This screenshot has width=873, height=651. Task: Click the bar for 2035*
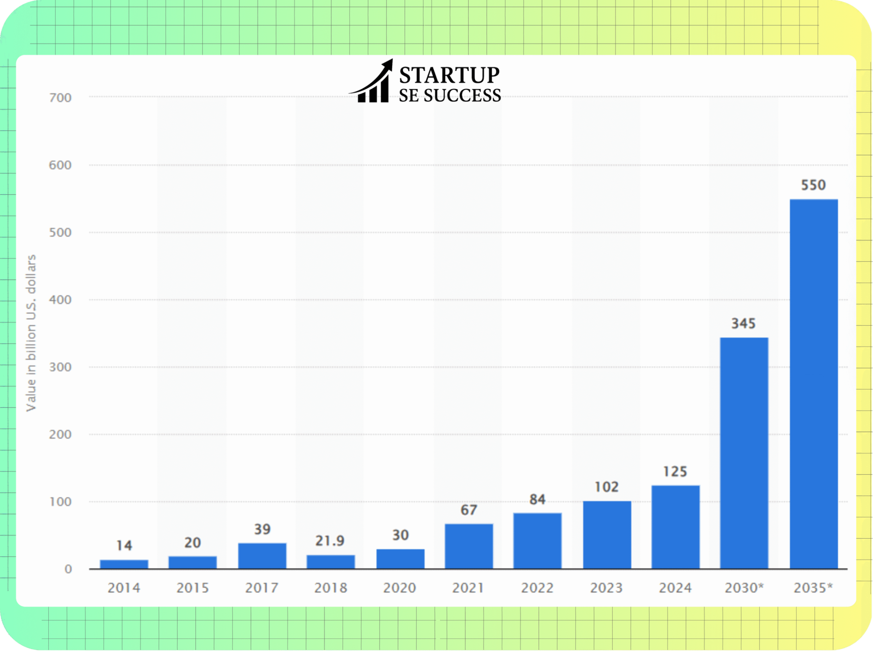(814, 384)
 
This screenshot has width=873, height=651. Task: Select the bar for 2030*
(744, 453)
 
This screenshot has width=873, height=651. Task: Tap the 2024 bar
(675, 527)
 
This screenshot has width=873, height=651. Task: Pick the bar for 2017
(262, 556)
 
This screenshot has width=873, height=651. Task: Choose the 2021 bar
(469, 546)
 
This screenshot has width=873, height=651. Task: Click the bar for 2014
(124, 564)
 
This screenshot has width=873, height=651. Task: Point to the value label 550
(813, 185)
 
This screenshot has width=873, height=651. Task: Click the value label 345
(743, 324)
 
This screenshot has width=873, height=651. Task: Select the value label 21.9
(330, 541)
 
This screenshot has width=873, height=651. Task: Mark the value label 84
(537, 500)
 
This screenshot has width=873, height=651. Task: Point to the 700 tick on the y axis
(60, 98)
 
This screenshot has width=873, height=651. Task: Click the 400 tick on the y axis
(60, 300)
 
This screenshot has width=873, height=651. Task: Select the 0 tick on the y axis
(68, 569)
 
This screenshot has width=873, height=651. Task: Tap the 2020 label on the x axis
(399, 588)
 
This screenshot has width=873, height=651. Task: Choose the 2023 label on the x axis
(606, 588)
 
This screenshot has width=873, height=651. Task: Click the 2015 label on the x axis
(192, 588)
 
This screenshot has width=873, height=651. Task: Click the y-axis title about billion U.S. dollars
(31, 333)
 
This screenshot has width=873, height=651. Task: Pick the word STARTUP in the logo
(449, 75)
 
